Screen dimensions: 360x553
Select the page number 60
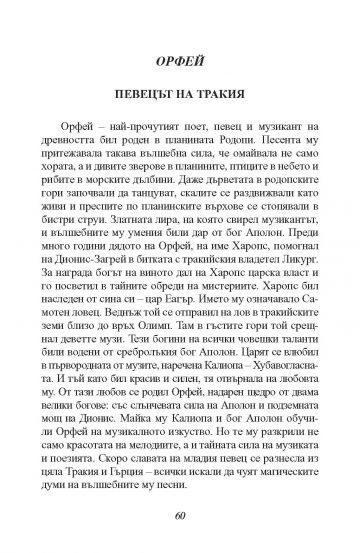point(180,517)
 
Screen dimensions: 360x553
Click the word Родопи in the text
point(249,167)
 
